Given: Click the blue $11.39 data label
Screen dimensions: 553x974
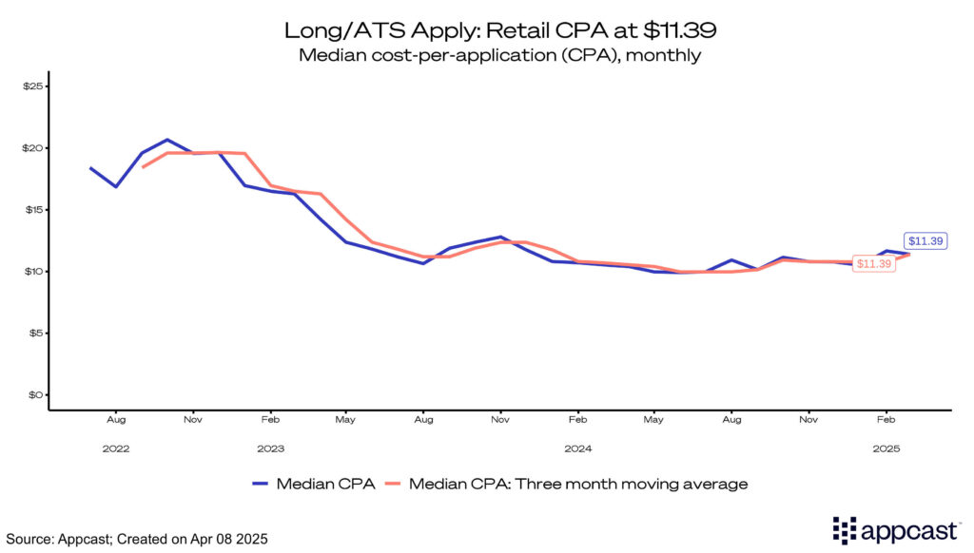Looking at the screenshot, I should (x=925, y=241).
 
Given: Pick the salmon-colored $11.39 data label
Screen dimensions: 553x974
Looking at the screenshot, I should (x=873, y=263).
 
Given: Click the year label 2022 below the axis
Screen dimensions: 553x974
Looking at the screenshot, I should (x=116, y=448).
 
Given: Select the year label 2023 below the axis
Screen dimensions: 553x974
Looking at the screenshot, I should (x=270, y=448).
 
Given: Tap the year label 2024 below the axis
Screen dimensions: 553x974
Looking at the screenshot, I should (x=578, y=448).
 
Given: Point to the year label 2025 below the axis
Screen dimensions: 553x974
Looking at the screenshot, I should (x=886, y=448).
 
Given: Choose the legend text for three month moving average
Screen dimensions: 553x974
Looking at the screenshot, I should (x=578, y=484).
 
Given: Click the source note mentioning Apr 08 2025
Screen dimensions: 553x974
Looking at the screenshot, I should (x=136, y=539).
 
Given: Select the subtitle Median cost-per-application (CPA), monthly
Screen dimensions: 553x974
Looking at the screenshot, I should (x=499, y=55).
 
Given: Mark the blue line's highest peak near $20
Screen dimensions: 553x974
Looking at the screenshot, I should (x=167, y=140).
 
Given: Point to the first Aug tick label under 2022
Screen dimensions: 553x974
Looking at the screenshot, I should (x=116, y=418).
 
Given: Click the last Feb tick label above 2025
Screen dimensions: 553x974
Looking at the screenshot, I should (x=886, y=418).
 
